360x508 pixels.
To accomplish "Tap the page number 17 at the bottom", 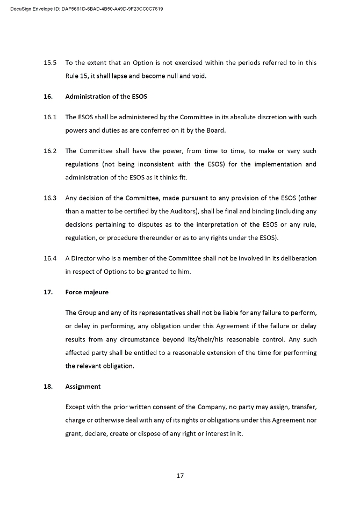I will (181, 475).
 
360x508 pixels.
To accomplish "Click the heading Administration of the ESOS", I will (106, 97).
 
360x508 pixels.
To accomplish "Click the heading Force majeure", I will (87, 292).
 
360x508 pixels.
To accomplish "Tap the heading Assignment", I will (83, 387).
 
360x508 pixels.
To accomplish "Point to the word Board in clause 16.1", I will (216, 130).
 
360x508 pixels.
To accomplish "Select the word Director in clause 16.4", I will (84, 258).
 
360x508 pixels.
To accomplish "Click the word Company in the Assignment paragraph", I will (182, 407).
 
